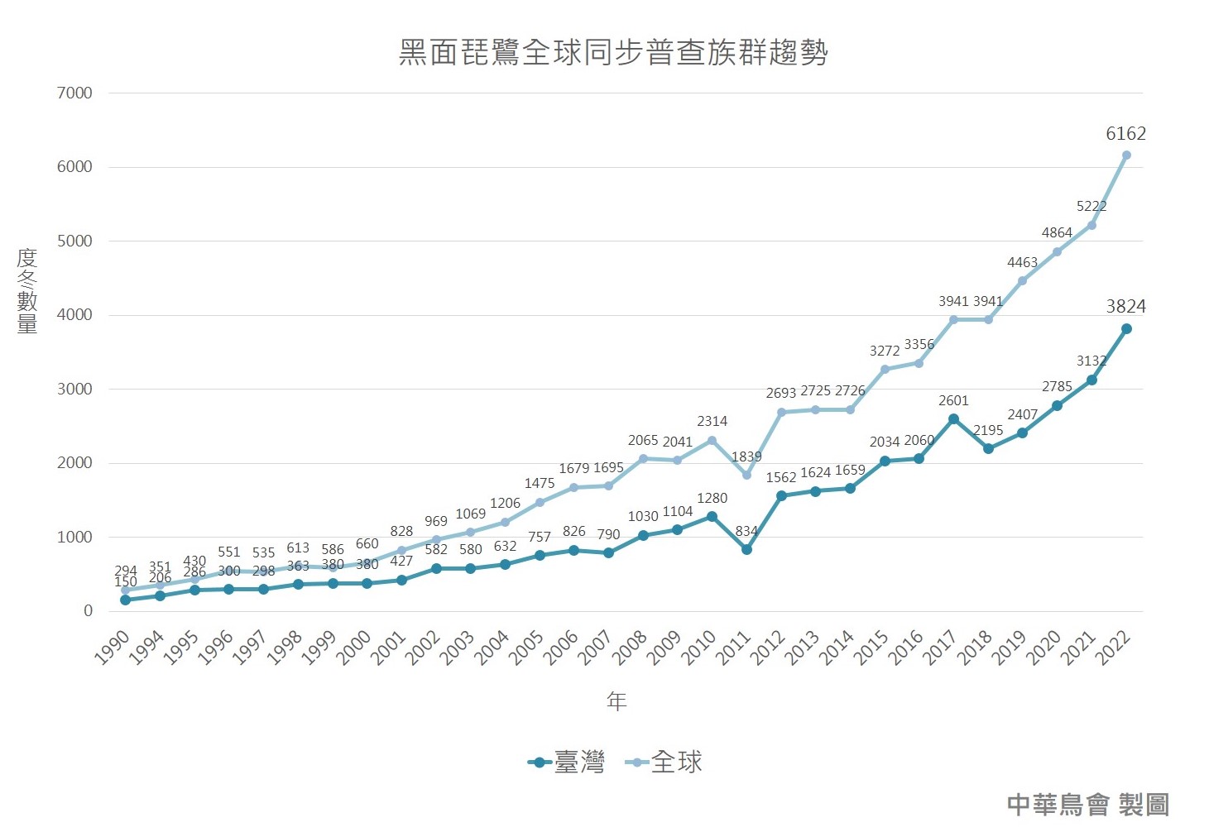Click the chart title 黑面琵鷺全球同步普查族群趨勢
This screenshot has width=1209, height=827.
613,52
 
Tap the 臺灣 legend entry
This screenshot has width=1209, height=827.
568,762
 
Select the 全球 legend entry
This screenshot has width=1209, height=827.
664,762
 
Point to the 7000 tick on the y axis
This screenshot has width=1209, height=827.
74,93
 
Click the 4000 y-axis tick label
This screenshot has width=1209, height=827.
74,315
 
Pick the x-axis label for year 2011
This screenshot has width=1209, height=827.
733,648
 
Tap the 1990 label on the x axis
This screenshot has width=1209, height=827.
113,648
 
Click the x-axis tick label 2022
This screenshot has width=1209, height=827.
1113,648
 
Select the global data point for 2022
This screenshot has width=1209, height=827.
1126,155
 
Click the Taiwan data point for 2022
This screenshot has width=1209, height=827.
1126,328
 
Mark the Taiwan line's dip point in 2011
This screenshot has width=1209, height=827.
746,549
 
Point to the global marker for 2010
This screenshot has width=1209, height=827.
712,441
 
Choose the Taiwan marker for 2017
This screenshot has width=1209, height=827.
953,419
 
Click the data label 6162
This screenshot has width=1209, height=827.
1125,134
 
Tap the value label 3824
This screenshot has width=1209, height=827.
1125,307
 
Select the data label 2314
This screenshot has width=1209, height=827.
712,422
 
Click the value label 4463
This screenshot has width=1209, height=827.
1022,263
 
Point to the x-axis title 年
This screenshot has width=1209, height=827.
616,701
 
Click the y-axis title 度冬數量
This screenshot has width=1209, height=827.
27,290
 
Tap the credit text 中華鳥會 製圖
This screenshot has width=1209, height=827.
1087,804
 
